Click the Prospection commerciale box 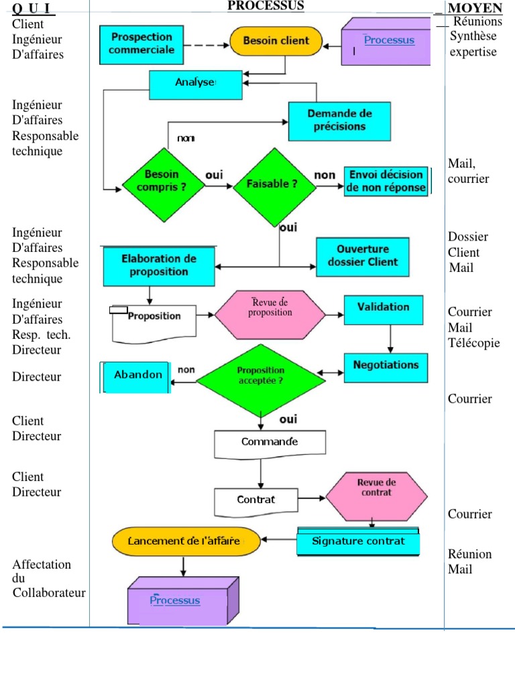[x=141, y=43]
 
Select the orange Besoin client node [x=276, y=41]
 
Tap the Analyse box [x=195, y=82]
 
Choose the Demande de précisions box [x=339, y=121]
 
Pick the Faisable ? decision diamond [x=274, y=182]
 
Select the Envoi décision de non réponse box [x=386, y=181]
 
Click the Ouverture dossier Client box [x=362, y=256]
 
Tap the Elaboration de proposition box [x=158, y=265]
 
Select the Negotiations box [x=385, y=366]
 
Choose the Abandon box [x=137, y=375]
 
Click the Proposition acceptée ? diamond [x=260, y=375]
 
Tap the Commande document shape [x=270, y=443]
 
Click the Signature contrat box [x=358, y=541]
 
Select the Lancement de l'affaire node [x=186, y=541]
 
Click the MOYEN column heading [x=475, y=7]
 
